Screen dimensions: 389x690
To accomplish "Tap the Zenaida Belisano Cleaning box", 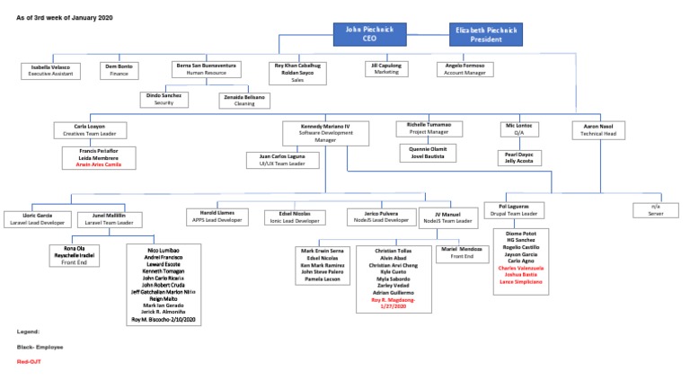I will [244, 99].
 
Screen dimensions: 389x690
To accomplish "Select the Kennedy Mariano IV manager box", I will [321, 133].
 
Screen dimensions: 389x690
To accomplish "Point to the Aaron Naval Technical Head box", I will [597, 130].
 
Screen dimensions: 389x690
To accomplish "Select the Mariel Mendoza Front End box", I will [462, 253].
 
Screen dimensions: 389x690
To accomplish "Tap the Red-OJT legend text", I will [29, 362].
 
